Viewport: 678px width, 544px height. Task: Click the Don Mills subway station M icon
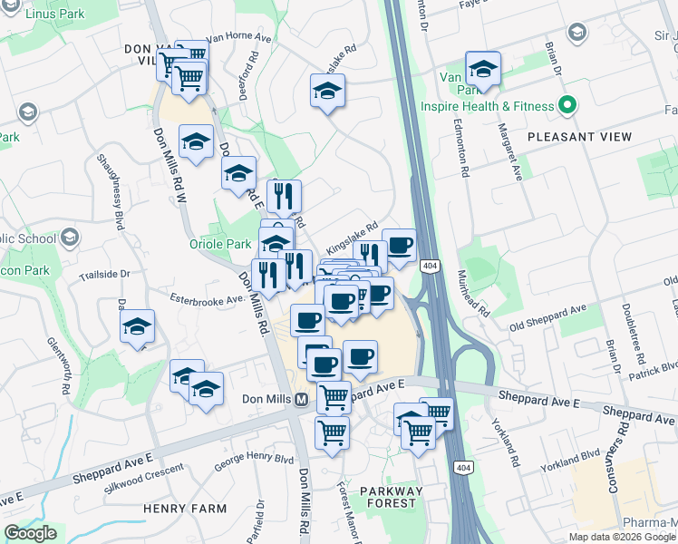click(x=300, y=399)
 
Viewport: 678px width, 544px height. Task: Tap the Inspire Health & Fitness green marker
click(x=567, y=106)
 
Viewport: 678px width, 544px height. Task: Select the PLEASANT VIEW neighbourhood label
click(x=579, y=137)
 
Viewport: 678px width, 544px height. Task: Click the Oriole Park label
click(x=219, y=244)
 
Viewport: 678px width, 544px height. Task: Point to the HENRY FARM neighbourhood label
click(x=185, y=509)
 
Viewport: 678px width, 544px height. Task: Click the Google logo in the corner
click(x=30, y=533)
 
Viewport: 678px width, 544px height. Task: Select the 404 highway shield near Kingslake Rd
click(x=430, y=265)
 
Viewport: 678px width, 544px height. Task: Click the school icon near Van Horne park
click(x=483, y=69)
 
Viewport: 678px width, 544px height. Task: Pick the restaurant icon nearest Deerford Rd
click(x=284, y=196)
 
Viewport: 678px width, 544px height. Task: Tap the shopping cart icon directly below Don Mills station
click(x=332, y=432)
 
